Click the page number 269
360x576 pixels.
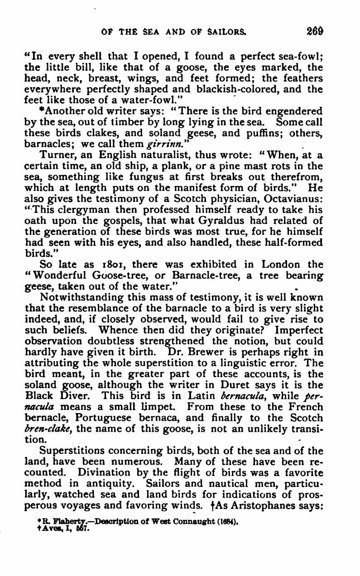click(x=314, y=32)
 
